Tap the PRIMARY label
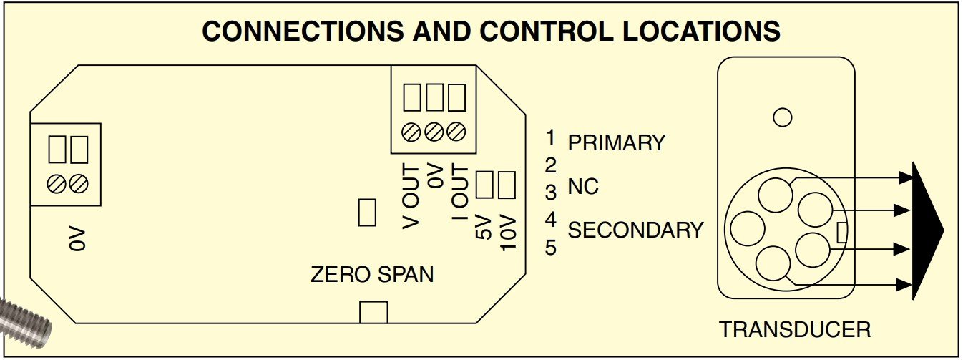point(616,142)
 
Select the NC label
point(583,188)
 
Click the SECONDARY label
point(635,230)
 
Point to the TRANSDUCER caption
point(795,330)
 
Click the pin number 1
point(550,137)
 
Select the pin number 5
point(550,248)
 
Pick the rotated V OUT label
point(411,195)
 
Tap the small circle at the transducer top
point(783,117)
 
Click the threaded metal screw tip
point(25,322)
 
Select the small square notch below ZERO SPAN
point(373,312)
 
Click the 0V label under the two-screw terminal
point(77,239)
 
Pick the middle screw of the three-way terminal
point(434,132)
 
